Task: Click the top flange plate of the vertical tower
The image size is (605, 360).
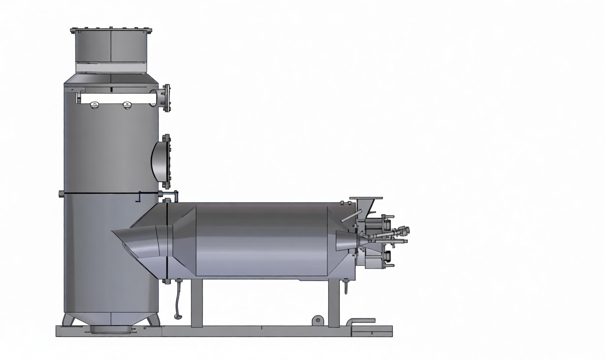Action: coord(111,31)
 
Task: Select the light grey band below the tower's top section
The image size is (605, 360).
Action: coord(111,67)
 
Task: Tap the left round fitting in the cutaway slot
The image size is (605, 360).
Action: coord(94,105)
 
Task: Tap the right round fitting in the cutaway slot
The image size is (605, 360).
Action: coord(127,105)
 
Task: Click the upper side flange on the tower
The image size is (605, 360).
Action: coord(167,98)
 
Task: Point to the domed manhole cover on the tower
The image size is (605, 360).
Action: coord(159,161)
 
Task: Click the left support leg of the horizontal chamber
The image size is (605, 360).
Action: coord(196,303)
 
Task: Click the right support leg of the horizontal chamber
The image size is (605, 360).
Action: coord(334,303)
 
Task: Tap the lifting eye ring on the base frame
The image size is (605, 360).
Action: coord(318,320)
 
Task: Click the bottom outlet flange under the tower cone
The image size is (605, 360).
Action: coord(111,329)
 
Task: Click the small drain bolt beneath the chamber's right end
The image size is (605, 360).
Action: coord(345,286)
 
